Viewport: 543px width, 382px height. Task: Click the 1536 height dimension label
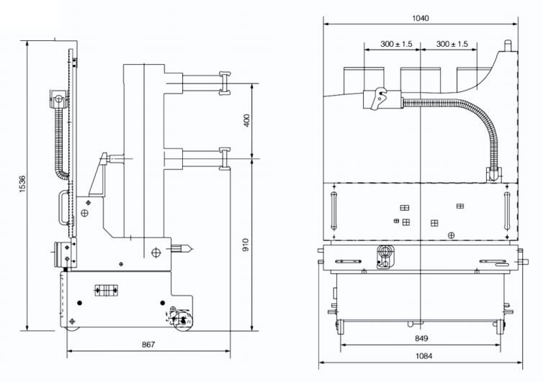[22, 183]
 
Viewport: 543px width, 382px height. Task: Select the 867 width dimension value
[148, 345]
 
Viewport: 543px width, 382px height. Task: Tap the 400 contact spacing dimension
[246, 120]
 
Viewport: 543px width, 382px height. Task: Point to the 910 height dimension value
[246, 245]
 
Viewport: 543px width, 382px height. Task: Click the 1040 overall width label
[421, 18]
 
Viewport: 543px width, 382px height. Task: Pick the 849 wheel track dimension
[421, 338]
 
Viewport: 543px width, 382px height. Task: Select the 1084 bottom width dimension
[423, 355]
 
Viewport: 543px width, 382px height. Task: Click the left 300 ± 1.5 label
[396, 44]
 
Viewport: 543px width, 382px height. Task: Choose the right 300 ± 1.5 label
[452, 44]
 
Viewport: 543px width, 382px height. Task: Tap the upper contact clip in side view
[225, 83]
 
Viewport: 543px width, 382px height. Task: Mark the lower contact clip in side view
[225, 159]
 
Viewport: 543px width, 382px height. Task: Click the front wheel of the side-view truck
[182, 322]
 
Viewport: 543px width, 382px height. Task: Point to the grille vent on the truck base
[107, 291]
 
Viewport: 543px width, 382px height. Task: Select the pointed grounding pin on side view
[182, 248]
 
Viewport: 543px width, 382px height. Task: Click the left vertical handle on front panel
[334, 210]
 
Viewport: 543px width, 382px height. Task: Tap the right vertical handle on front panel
[507, 210]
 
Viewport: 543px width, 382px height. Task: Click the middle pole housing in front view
[421, 80]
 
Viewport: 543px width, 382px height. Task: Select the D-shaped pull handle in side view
[63, 207]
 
